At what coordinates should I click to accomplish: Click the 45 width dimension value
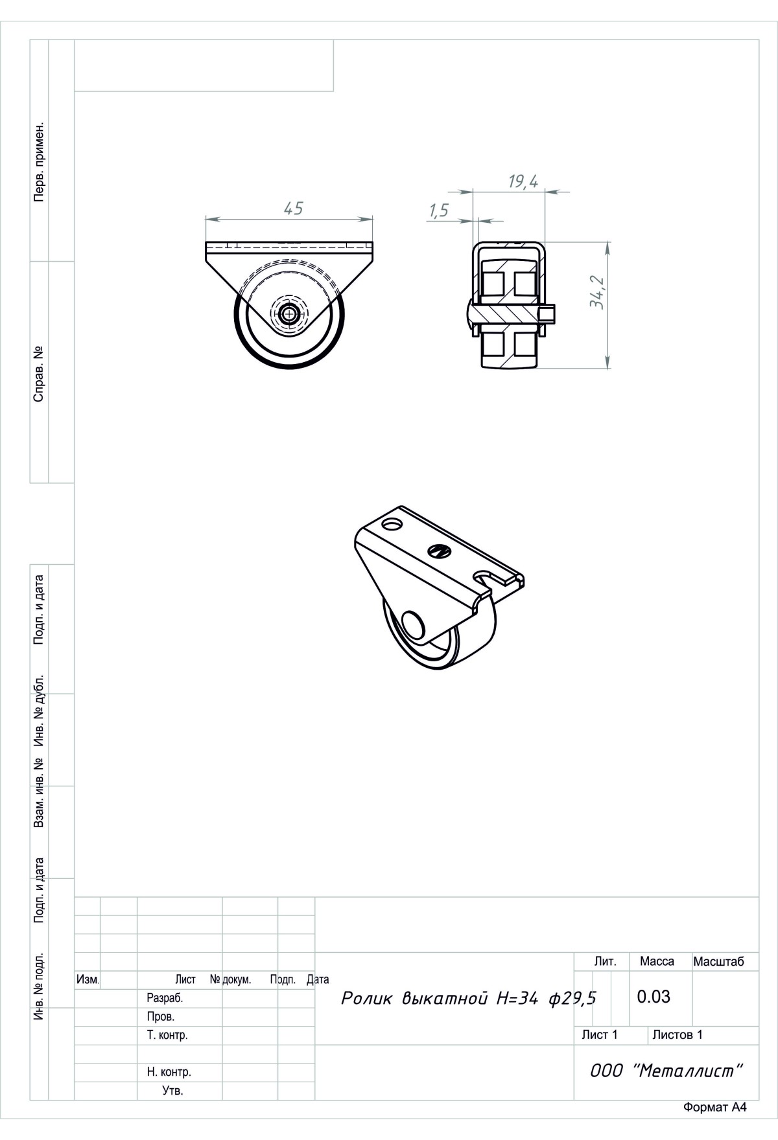(293, 209)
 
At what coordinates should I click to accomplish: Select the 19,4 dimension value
(523, 182)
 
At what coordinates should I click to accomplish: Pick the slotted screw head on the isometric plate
(440, 551)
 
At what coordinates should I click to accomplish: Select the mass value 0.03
(654, 997)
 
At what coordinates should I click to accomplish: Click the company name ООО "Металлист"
(665, 1071)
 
